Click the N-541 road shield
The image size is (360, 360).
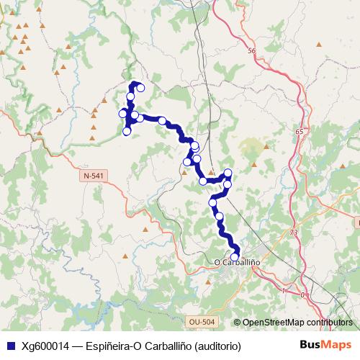point(93,176)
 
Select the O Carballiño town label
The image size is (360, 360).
point(238,261)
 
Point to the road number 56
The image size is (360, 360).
point(251,51)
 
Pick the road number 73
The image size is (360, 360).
point(293,233)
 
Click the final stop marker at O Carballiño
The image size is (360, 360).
point(234,256)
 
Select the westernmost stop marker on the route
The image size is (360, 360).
point(122,113)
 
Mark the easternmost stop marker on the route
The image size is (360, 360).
point(228,172)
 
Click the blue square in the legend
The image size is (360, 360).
point(10,346)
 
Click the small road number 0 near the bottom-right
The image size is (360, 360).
point(302,294)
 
